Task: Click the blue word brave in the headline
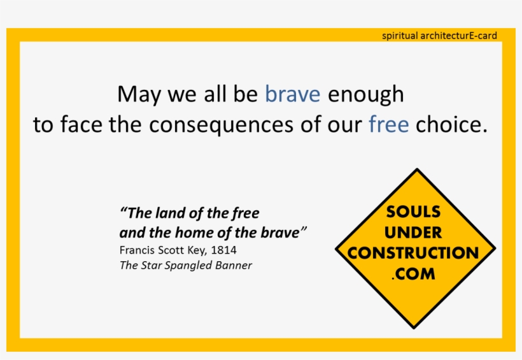(x=292, y=94)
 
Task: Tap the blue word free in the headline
(x=388, y=124)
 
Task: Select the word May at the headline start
(x=138, y=95)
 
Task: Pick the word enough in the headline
(x=365, y=95)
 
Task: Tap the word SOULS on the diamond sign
(x=414, y=211)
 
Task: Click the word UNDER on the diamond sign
(x=414, y=232)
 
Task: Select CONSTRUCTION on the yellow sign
(x=413, y=252)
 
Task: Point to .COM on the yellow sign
(x=414, y=274)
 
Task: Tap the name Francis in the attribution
(x=137, y=250)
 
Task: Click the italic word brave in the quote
(x=279, y=232)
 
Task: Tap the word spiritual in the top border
(x=400, y=36)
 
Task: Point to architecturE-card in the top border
(x=459, y=36)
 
